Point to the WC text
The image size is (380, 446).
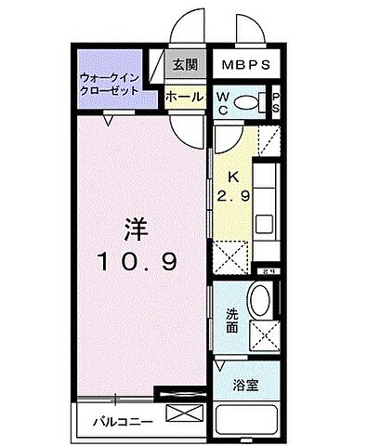tap(225, 102)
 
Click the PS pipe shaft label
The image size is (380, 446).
tap(276, 102)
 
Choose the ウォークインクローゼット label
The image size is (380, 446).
tap(109, 83)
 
